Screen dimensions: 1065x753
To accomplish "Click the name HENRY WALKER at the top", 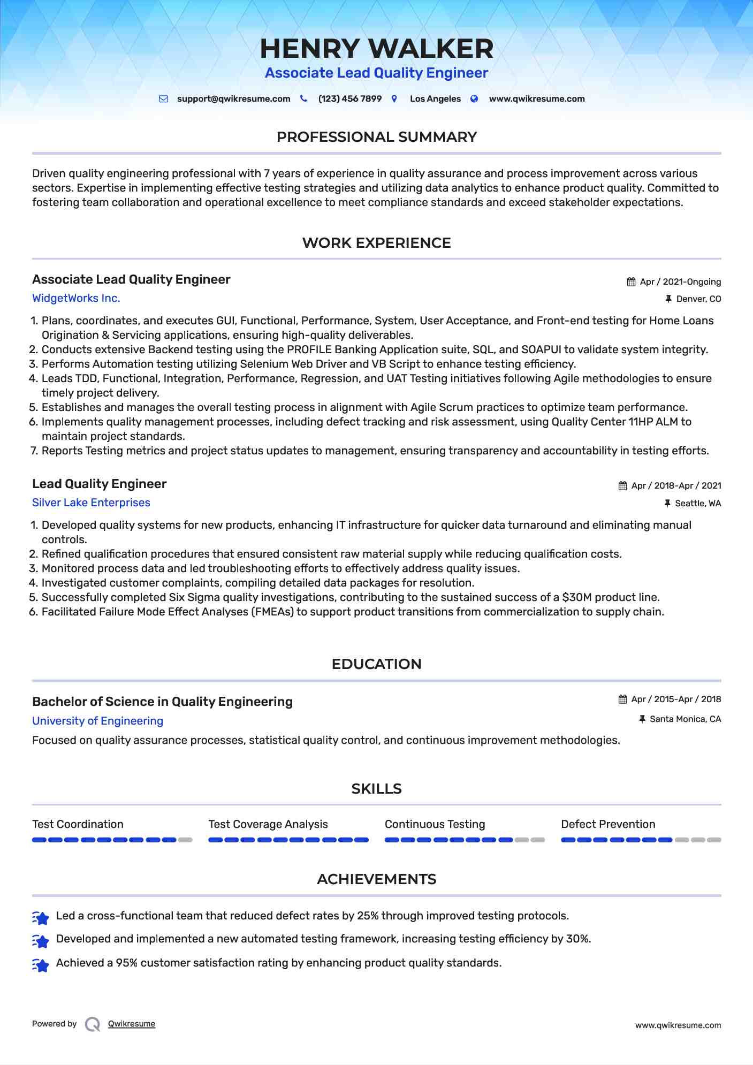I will point(376,49).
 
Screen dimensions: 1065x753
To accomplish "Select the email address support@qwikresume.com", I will point(233,99).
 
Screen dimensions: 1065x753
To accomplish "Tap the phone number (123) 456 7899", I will point(349,99).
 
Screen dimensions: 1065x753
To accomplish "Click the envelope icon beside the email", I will point(164,99).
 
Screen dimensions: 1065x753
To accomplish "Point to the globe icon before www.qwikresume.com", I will point(474,99).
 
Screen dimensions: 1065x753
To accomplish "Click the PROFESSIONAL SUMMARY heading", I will point(376,137).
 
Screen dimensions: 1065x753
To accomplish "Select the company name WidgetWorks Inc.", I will point(76,298).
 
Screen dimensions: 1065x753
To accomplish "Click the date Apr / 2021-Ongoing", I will point(680,282).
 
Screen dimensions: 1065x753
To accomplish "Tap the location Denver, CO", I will point(698,299).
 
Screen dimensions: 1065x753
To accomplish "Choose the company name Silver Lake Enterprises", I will point(91,503).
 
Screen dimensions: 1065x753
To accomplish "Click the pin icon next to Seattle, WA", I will point(667,503).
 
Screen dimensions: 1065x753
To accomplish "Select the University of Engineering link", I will point(97,721).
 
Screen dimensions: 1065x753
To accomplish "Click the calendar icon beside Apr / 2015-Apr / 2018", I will point(622,699).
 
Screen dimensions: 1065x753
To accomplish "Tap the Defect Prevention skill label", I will point(608,824).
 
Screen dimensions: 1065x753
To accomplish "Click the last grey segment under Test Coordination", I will point(185,840).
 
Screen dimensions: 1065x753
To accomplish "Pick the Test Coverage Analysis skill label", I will point(268,824).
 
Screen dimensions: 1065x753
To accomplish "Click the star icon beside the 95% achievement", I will point(41,964).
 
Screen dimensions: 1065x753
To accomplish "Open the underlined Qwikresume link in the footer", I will point(132,1024).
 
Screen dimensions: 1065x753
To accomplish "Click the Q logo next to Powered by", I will point(93,1024).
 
